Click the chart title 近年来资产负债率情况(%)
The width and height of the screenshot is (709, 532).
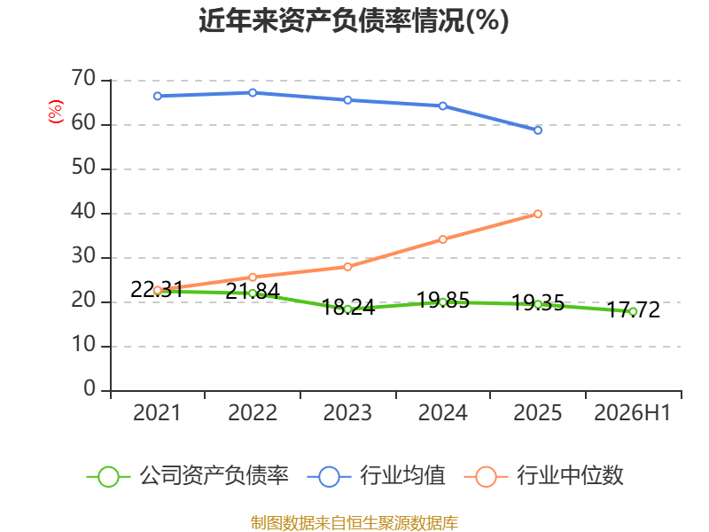tap(354, 20)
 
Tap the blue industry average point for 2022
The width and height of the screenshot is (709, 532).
tap(253, 93)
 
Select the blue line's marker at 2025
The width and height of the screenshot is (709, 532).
tap(538, 130)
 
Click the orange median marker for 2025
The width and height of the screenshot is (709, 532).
tap(538, 214)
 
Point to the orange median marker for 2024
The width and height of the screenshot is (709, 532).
tap(442, 239)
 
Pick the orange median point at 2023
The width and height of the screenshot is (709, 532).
tap(347, 267)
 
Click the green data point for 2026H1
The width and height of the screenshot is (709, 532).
tap(633, 312)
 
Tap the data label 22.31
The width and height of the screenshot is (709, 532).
tap(157, 290)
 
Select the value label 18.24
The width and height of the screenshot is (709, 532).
tap(347, 308)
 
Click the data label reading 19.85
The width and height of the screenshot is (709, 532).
tap(442, 301)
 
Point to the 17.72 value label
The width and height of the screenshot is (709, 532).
tap(633, 309)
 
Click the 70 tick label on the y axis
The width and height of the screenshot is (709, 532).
tap(83, 79)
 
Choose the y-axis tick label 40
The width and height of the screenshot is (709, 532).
tap(83, 212)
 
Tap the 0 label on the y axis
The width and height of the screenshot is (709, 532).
tap(90, 389)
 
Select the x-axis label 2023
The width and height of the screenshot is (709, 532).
tap(347, 413)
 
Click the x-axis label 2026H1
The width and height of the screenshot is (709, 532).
tap(632, 413)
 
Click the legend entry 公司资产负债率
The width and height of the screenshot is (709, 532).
tap(187, 476)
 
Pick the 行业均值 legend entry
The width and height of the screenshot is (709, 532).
tap(376, 476)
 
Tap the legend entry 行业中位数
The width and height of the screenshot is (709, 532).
tap(543, 476)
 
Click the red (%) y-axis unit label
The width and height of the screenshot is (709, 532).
tap(56, 112)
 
